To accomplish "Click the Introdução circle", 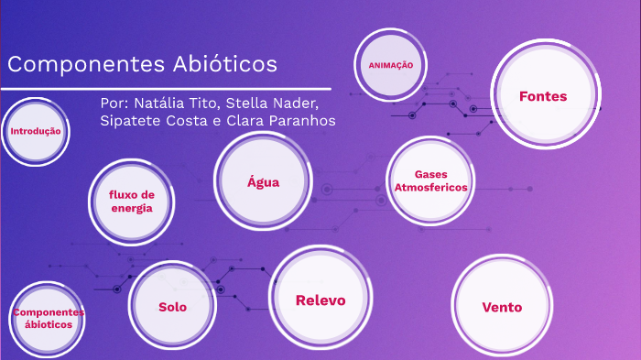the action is click(35, 132).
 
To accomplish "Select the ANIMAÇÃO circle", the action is click(391, 66).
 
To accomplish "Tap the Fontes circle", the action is click(543, 96).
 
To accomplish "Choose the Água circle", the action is click(263, 181).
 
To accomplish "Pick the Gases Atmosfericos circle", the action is click(430, 180).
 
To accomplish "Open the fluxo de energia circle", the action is click(132, 202).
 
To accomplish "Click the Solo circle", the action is click(172, 307).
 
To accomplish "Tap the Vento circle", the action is click(502, 307).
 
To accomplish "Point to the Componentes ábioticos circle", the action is click(48, 319).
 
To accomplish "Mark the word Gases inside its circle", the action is click(430, 174).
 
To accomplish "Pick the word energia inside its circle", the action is click(132, 208).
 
